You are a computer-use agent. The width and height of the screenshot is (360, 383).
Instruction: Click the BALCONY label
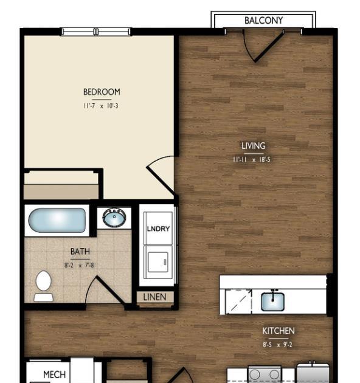pos(264,20)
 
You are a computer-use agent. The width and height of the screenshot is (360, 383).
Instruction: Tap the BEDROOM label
pos(102,92)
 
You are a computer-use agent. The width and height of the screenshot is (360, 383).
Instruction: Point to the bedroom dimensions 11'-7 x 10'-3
pos(101,106)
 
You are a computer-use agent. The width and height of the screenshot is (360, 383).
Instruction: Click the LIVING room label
pos(254,146)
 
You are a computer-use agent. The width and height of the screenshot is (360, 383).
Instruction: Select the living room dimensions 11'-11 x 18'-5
pos(252,160)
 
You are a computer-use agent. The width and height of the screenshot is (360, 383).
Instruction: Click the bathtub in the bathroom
pos(57,220)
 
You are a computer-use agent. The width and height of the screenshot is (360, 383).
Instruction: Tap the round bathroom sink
pos(114,218)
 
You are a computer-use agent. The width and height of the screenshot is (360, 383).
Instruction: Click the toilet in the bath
pos(44,286)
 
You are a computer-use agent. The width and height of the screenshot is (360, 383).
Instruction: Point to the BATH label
pos(80,251)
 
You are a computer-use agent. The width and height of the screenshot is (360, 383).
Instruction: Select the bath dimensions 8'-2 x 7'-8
pos(79,265)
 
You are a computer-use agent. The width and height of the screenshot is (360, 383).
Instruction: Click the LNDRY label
pos(158,229)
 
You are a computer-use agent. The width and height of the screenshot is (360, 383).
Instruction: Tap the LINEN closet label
pos(154,297)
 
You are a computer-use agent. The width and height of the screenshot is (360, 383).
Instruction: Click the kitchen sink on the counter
pos(272,302)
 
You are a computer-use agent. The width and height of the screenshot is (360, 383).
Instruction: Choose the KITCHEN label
pos(279,331)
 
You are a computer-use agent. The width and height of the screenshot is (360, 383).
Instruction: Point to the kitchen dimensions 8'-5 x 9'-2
pos(277,345)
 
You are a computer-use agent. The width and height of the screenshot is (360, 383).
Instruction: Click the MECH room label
pos(55,374)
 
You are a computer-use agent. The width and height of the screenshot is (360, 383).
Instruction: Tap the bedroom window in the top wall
pos(96,32)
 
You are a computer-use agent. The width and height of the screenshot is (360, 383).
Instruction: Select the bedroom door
pos(161,175)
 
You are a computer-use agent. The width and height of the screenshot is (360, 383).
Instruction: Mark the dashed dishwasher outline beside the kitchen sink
pos(238,302)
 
